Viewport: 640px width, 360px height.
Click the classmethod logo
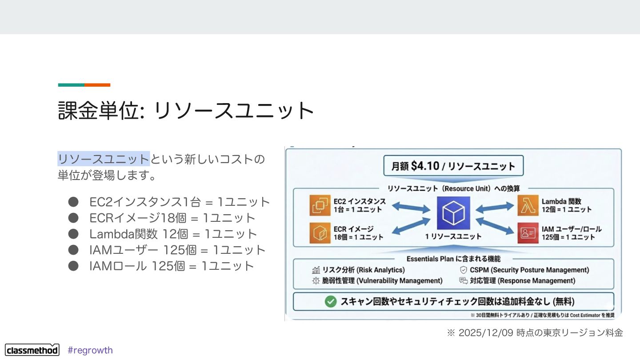(x=32, y=350)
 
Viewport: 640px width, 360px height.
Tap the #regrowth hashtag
(x=90, y=350)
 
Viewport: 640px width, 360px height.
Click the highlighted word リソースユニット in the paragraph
(x=103, y=159)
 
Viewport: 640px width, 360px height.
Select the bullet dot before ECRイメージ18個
(x=73, y=218)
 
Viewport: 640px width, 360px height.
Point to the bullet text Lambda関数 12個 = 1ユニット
(x=173, y=234)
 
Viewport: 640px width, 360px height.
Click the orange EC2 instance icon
(x=320, y=205)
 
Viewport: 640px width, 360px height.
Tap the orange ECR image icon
(x=320, y=233)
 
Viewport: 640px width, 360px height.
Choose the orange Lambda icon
(x=528, y=205)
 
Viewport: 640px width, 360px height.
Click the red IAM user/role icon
(x=528, y=233)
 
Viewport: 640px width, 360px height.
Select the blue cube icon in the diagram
(x=453, y=212)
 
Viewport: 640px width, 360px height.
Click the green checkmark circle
(x=331, y=301)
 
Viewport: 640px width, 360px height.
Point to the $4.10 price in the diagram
(x=425, y=166)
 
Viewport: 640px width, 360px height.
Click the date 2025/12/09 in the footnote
(x=486, y=332)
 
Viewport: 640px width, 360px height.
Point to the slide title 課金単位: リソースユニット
(x=186, y=111)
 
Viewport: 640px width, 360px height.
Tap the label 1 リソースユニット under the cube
(x=453, y=236)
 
